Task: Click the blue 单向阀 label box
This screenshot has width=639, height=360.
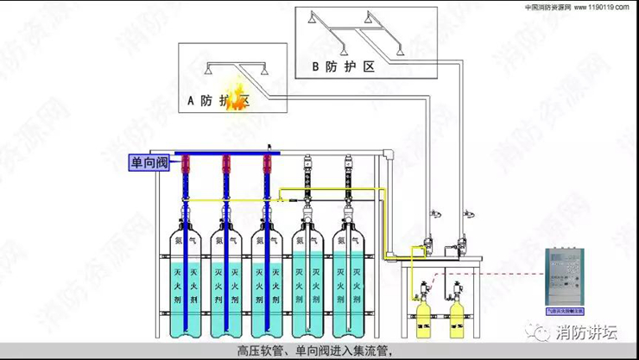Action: click(149, 162)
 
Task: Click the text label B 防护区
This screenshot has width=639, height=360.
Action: click(345, 66)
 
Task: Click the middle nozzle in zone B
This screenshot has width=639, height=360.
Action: click(367, 18)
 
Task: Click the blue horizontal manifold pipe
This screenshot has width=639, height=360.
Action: click(276, 155)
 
